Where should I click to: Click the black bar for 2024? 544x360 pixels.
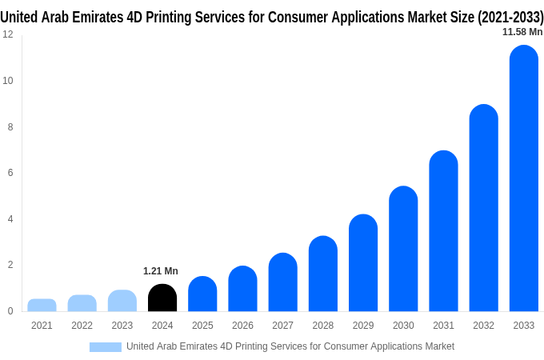point(162,298)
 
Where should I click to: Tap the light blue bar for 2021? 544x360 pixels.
point(42,305)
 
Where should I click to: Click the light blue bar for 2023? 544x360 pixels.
point(122,301)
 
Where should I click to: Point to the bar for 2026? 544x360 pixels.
point(242,289)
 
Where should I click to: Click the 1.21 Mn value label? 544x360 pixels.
point(161,271)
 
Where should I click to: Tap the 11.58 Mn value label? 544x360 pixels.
point(522,32)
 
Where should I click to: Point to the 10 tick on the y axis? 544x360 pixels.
point(8,81)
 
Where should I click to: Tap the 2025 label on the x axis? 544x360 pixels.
point(202,326)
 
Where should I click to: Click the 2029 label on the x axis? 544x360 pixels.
point(363,326)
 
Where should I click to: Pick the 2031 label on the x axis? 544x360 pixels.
point(443,326)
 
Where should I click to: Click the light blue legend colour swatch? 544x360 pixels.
point(105,347)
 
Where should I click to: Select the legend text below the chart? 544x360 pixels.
point(290,346)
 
